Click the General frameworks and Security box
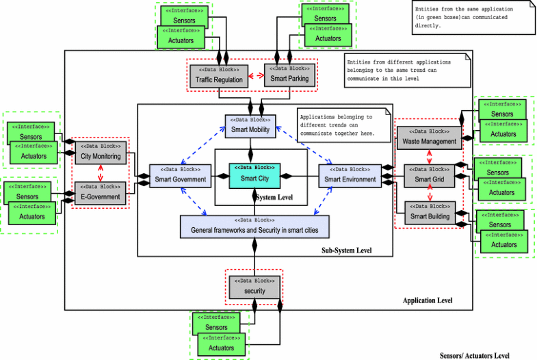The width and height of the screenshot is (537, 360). coord(254,226)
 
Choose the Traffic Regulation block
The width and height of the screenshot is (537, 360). coord(218,75)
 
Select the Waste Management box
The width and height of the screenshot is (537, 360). coord(429,138)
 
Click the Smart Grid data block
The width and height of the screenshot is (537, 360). coord(429,176)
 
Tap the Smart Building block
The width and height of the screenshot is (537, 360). coord(429,213)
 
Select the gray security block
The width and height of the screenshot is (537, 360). coord(254,287)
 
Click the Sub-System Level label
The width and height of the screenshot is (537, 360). coord(346,250)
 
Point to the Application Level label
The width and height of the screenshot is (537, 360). coord(427,300)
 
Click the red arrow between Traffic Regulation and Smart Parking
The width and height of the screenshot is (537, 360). coord(256,75)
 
